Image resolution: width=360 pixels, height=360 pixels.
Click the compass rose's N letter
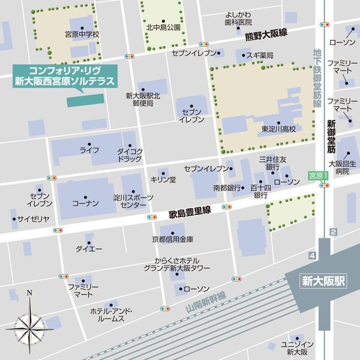tap(29, 294)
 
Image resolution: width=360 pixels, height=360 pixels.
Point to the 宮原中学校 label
tap(82, 35)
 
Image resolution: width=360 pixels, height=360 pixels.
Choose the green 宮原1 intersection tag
tap(316, 176)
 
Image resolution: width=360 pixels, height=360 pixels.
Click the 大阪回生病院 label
tap(342, 167)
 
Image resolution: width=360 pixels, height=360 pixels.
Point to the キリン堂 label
tap(163, 179)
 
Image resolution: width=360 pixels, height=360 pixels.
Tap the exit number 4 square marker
tap(311, 256)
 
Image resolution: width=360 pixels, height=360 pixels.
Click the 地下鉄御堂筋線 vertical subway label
tap(317, 78)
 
